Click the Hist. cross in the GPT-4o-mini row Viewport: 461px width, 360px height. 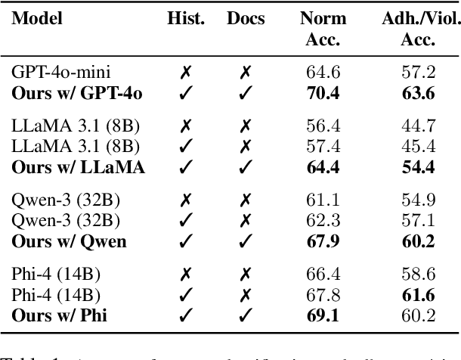[x=185, y=73]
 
